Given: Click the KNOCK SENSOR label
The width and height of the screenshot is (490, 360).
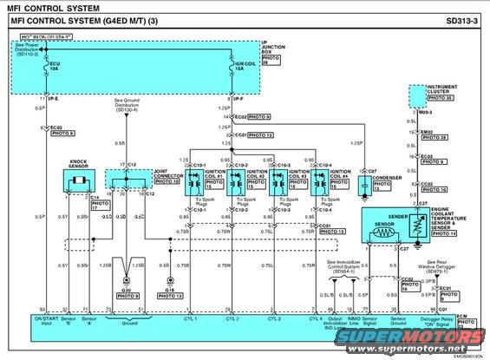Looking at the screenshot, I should tap(80, 164).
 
